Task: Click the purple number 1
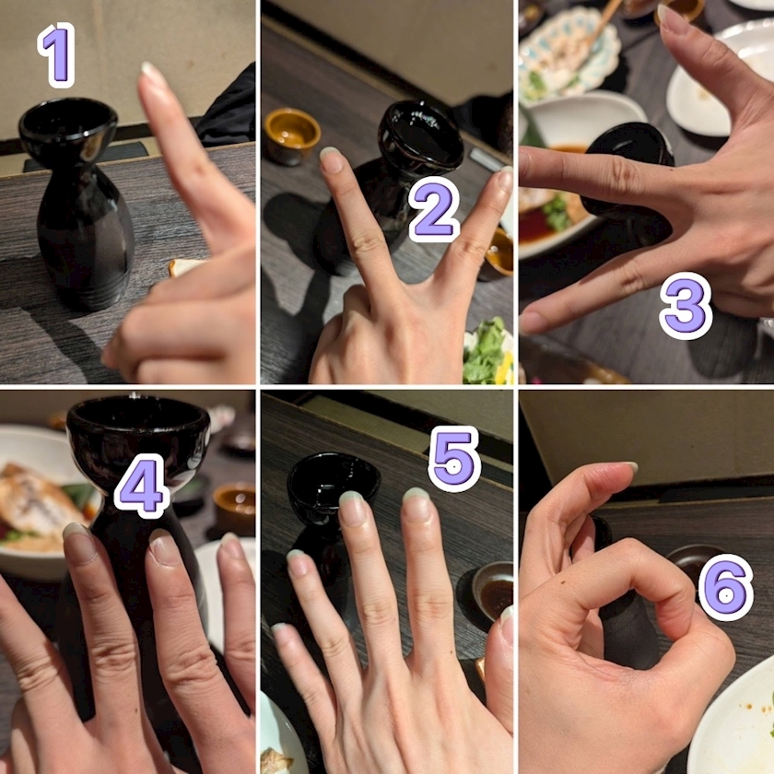coord(57,54)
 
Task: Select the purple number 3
coord(686,305)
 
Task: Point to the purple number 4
coord(142,486)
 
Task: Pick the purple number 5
coord(453,459)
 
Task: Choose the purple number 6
coord(726,588)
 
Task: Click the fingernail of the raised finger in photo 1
coord(149,74)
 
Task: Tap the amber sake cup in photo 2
coord(291,135)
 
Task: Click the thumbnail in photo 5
coord(506,625)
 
